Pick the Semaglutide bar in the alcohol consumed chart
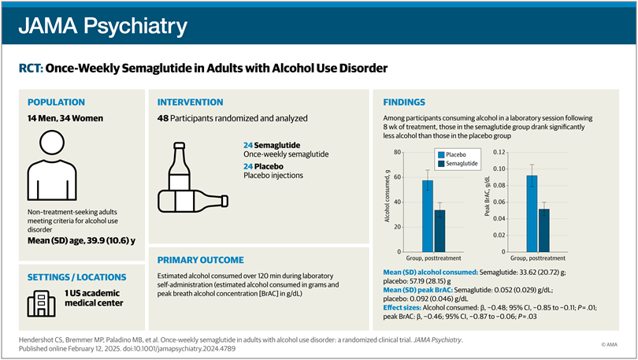pos(440,229)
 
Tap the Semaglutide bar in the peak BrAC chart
pos(544,228)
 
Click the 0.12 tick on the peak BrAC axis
pos(498,152)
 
